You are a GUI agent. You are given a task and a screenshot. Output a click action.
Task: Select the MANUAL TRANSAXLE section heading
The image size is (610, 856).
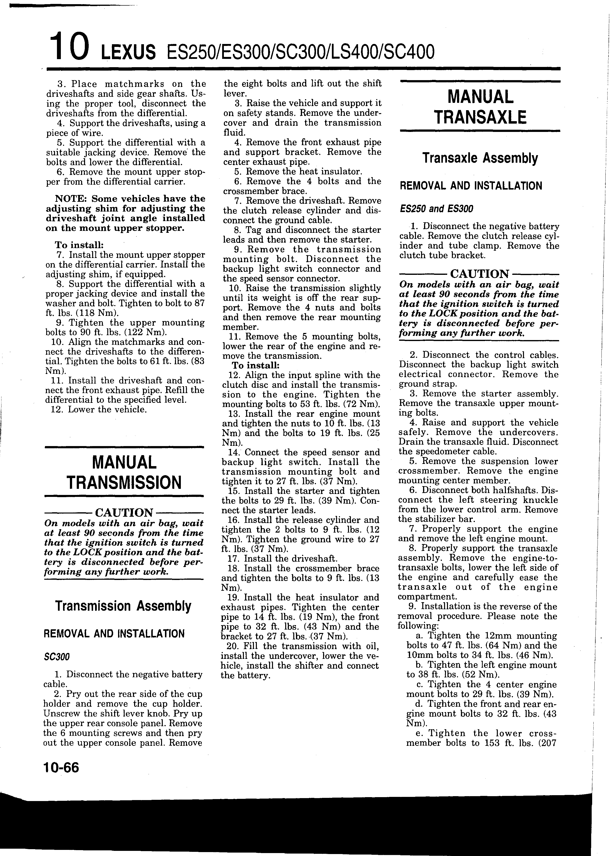point(480,107)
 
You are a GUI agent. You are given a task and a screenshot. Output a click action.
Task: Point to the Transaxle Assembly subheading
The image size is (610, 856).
point(480,158)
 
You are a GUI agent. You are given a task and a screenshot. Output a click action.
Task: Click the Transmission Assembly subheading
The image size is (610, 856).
point(123,606)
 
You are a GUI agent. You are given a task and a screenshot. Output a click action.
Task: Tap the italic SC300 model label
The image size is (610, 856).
point(57,657)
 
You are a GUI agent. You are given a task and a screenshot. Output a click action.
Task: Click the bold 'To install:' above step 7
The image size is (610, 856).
point(79,245)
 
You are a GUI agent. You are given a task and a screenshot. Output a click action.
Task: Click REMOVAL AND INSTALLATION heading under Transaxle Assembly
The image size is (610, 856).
point(471,186)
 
